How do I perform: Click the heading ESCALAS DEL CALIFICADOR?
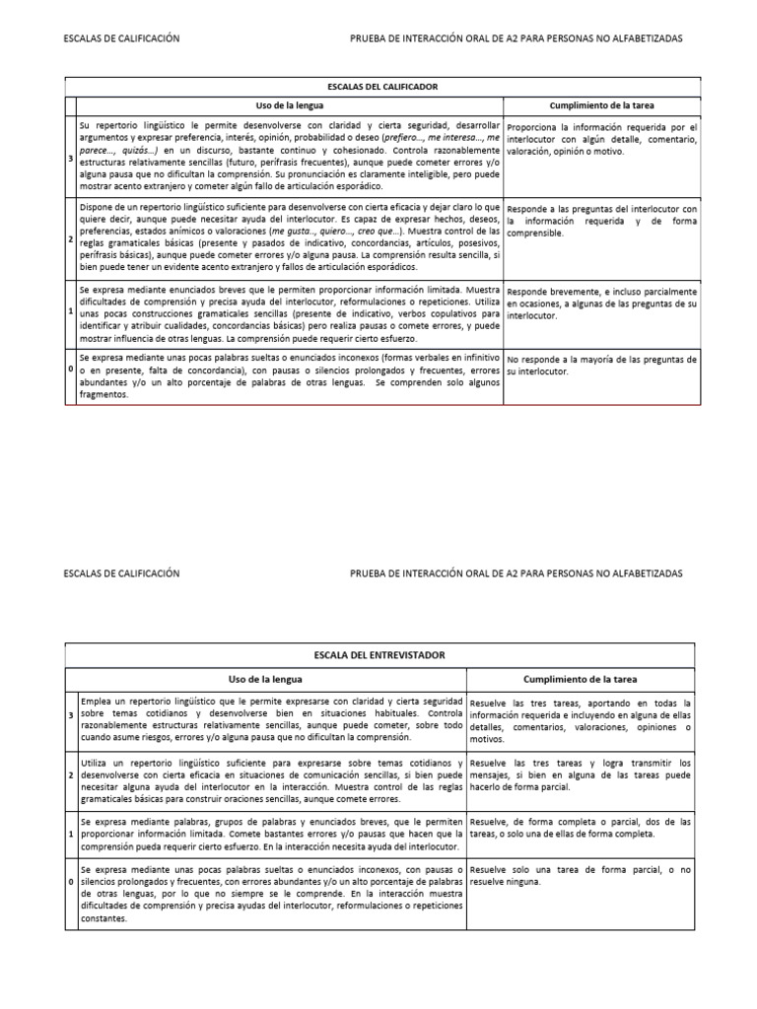pos(383,87)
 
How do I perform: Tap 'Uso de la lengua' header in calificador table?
pos(290,104)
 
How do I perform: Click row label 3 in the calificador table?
pos(70,158)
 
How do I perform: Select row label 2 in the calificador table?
pos(70,239)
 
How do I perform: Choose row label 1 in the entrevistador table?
pos(70,807)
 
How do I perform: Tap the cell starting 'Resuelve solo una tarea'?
pos(581,875)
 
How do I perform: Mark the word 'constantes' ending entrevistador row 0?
pos(103,918)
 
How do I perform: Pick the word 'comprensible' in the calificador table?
pos(537,234)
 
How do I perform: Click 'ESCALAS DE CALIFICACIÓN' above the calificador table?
pos(121,37)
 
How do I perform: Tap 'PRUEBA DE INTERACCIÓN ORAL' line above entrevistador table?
pos(516,572)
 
